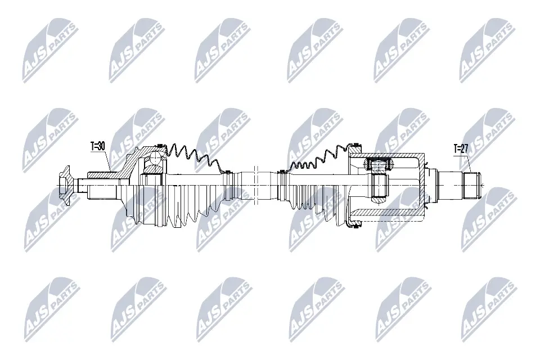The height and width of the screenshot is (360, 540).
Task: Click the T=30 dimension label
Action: pyautogui.click(x=98, y=146)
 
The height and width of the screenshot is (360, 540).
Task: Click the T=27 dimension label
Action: pyautogui.click(x=461, y=149)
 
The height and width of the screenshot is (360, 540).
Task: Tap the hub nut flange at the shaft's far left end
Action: pyautogui.click(x=65, y=182)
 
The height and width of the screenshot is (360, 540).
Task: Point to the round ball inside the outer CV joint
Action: pyautogui.click(x=153, y=164)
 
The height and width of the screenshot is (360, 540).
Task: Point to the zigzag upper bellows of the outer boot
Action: pyautogui.click(x=194, y=155)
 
